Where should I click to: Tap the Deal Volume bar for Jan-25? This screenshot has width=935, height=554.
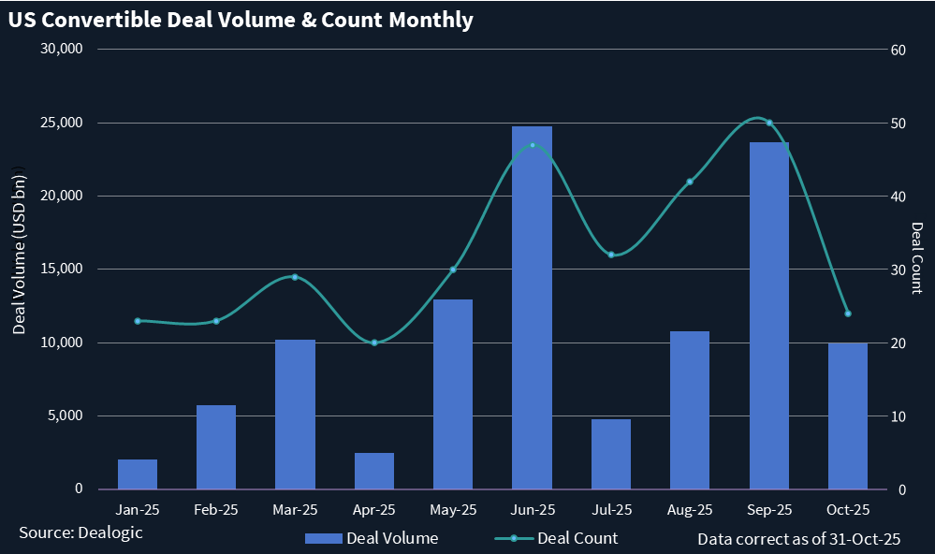[x=138, y=474]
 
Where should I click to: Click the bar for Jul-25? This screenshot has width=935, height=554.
[x=611, y=454]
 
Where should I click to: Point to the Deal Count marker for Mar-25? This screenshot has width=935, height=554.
[x=295, y=277]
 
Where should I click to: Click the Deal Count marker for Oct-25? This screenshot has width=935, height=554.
[x=848, y=313]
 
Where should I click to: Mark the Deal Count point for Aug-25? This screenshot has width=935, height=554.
[x=690, y=182]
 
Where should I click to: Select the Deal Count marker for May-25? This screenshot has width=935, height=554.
[x=453, y=270]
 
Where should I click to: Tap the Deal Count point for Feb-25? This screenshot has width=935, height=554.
[x=216, y=321]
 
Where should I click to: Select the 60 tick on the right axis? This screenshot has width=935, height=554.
[x=897, y=50]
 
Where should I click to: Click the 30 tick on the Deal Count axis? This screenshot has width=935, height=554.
[x=897, y=270]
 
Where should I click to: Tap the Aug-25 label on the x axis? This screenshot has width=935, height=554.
[x=690, y=510]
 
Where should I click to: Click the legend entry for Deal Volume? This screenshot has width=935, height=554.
[x=372, y=538]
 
